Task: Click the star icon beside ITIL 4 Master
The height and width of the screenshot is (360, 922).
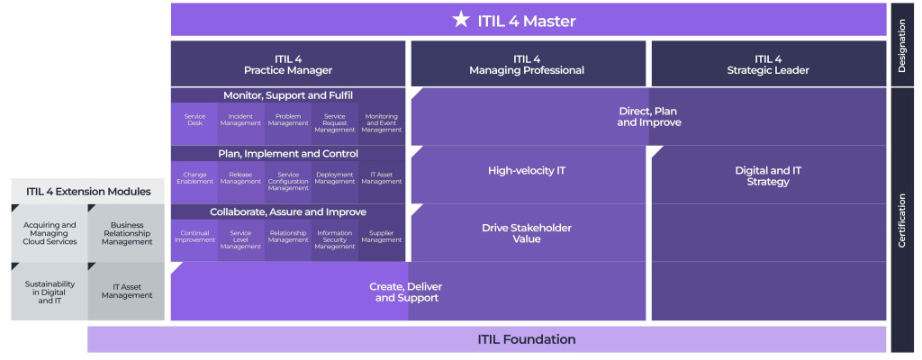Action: [462, 20]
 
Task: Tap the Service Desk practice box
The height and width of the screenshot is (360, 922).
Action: [194, 121]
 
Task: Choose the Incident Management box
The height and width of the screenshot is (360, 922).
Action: [240, 121]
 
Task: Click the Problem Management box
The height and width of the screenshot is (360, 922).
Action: [287, 121]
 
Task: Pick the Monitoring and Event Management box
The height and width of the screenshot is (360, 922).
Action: [382, 122]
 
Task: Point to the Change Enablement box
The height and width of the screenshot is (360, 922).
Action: [194, 180]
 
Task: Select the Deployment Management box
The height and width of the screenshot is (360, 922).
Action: [335, 180]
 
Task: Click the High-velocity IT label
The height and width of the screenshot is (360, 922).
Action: [527, 170]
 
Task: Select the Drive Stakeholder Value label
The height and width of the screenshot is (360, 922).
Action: [527, 233]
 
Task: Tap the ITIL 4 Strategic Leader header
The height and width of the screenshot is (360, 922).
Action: [768, 64]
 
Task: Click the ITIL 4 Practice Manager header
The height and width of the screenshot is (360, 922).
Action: [288, 64]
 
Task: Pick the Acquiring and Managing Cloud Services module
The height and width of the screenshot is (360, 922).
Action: [50, 234]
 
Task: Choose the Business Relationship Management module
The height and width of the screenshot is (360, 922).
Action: [126, 234]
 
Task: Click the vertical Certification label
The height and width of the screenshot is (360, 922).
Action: [903, 220]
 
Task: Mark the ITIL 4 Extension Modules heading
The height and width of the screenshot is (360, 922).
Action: [87, 191]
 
